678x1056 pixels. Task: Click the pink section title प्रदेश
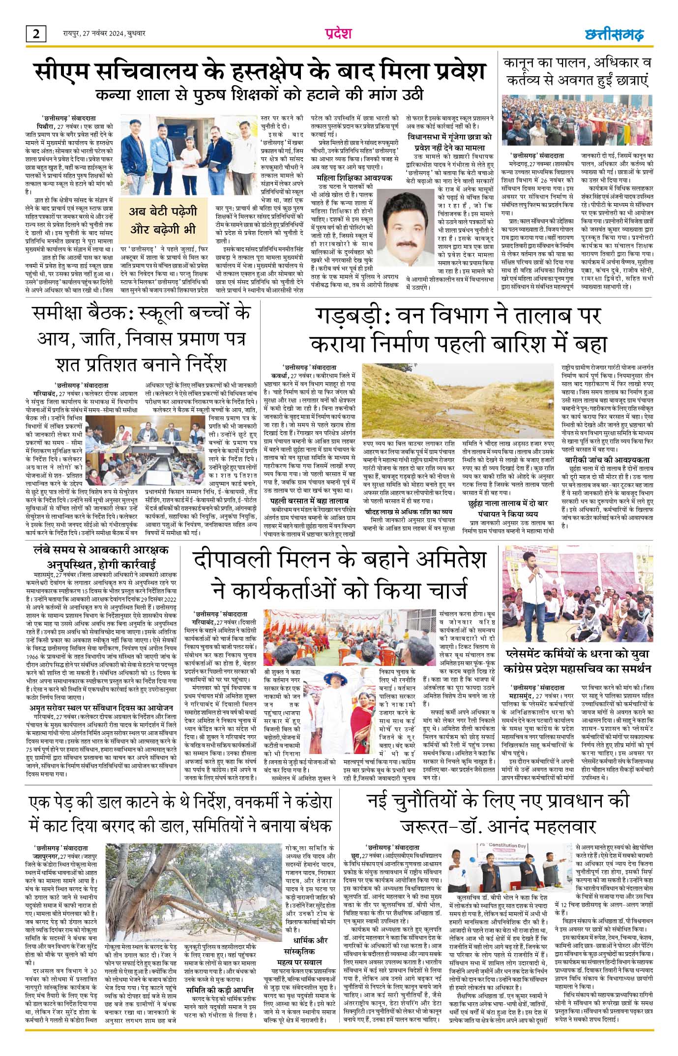[338, 34]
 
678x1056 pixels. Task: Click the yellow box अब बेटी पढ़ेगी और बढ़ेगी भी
[163, 220]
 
